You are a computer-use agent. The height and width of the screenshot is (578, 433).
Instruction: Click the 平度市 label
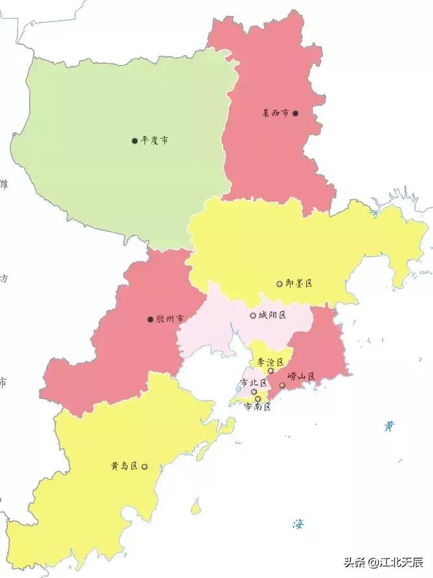[x=155, y=140]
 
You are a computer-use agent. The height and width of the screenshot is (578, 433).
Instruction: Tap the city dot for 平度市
[x=135, y=140]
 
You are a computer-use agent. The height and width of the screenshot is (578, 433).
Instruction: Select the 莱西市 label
[x=275, y=113]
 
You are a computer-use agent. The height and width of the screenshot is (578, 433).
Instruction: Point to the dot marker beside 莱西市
[x=295, y=113]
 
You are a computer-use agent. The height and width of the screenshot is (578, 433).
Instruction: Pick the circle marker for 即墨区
[x=280, y=283]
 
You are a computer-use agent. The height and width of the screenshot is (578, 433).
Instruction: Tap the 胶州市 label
[x=170, y=318]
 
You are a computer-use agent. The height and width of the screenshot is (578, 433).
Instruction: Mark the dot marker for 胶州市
[x=150, y=319]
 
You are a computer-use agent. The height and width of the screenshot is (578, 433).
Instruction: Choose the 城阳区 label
[x=272, y=315]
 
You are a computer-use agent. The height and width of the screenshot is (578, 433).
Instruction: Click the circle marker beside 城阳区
[x=252, y=316]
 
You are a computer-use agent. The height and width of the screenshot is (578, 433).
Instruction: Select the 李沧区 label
[x=271, y=362]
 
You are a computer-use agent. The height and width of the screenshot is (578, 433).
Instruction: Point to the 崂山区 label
[x=301, y=376]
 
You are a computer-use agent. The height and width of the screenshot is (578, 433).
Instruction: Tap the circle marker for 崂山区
[x=282, y=385]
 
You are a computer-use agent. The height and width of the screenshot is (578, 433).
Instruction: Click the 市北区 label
[x=254, y=383]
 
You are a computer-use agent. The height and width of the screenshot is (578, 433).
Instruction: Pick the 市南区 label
[x=257, y=407]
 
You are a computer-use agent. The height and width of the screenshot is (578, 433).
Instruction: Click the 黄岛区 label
[x=124, y=465]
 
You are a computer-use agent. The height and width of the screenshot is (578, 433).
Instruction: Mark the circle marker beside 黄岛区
[x=144, y=466]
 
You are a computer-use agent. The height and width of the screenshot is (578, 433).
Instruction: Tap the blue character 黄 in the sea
[x=388, y=426]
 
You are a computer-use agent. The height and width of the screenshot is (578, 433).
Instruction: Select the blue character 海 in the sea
[x=298, y=524]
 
